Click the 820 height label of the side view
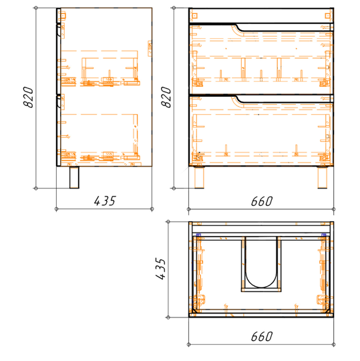[29, 97]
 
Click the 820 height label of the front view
[166, 97]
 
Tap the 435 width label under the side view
[105, 201]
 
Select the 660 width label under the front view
[262, 201]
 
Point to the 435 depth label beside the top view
[160, 269]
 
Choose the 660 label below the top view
[262, 336]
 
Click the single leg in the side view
[74, 177]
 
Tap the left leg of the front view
[199, 177]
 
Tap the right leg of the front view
[323, 177]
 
